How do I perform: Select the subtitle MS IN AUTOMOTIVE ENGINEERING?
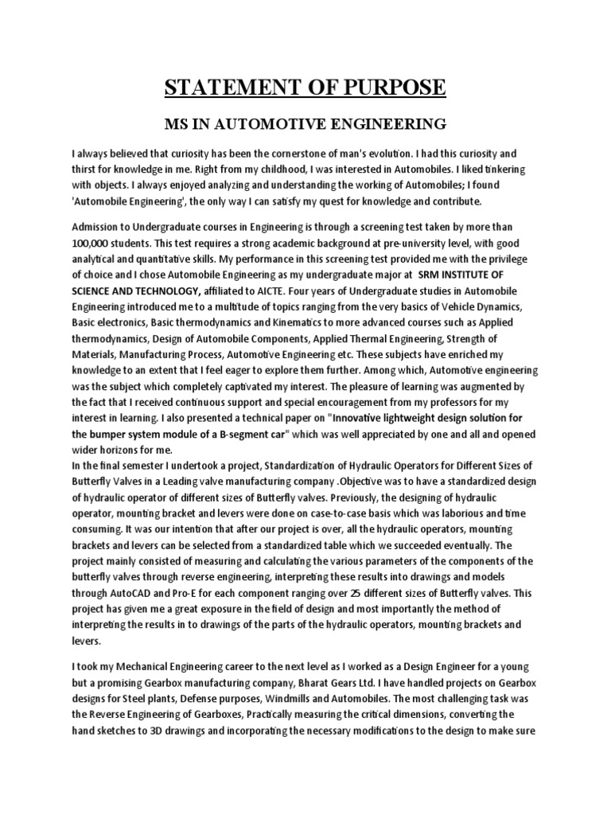305,124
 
